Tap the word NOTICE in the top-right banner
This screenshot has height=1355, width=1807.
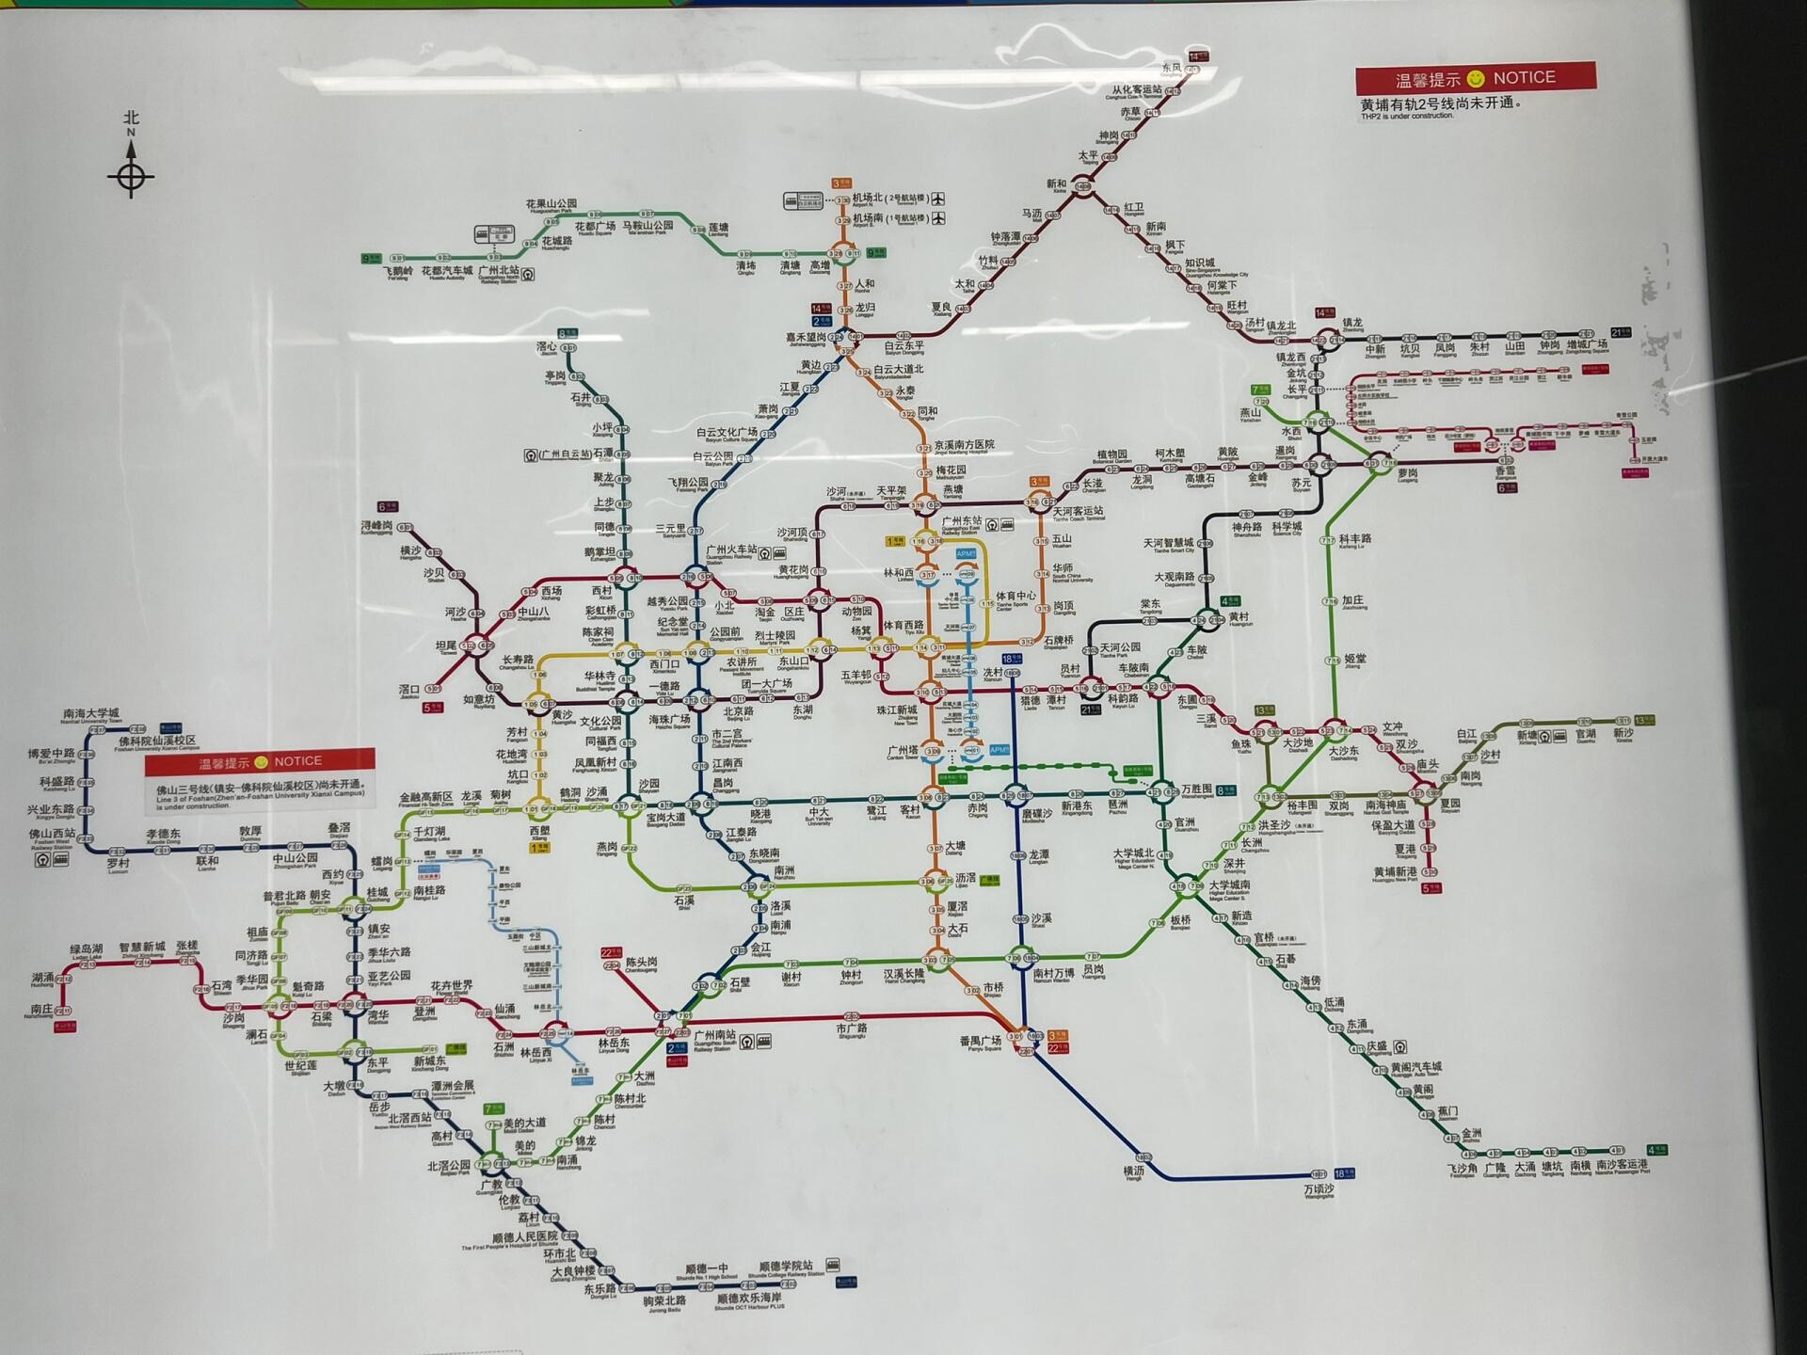click(1524, 77)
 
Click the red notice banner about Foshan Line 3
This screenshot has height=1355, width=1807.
click(260, 761)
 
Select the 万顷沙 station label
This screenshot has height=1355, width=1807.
click(1319, 1188)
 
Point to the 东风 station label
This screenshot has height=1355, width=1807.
click(1171, 68)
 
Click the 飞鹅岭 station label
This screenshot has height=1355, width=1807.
click(398, 271)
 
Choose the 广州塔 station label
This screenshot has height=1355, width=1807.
click(903, 750)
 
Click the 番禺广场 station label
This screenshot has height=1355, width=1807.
click(980, 1041)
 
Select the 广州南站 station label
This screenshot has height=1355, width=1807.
click(714, 1035)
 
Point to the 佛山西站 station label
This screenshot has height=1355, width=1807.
click(51, 834)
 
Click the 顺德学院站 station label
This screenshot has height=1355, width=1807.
click(786, 1267)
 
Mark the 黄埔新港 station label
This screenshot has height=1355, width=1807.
click(1395, 872)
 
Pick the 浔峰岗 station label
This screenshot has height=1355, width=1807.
click(376, 525)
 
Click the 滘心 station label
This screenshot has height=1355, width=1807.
click(547, 347)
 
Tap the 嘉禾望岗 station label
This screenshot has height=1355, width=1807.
click(806, 337)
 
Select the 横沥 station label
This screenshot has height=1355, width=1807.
click(1133, 1171)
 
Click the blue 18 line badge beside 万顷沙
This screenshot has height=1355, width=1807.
click(1345, 1173)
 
